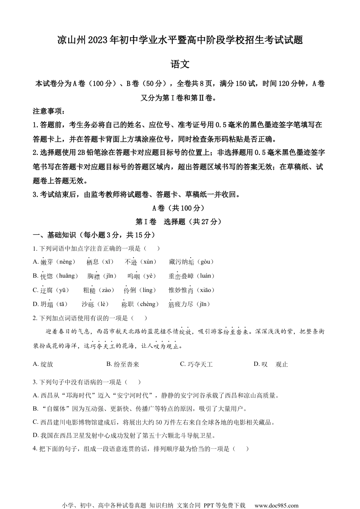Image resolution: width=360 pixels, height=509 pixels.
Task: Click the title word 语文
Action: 180,64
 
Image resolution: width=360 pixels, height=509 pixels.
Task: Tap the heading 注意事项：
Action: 49,111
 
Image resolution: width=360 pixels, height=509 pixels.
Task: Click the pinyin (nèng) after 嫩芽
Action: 66,262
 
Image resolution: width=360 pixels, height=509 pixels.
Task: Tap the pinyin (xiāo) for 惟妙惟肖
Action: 205,290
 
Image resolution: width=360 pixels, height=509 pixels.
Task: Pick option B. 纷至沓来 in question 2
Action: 123,364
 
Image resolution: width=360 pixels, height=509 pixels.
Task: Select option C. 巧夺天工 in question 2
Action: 196,364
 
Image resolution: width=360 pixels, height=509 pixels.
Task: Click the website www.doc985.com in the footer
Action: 276,505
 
